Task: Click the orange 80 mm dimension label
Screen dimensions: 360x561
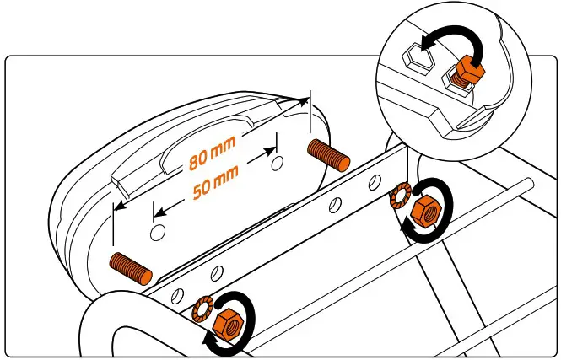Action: point(212,152)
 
